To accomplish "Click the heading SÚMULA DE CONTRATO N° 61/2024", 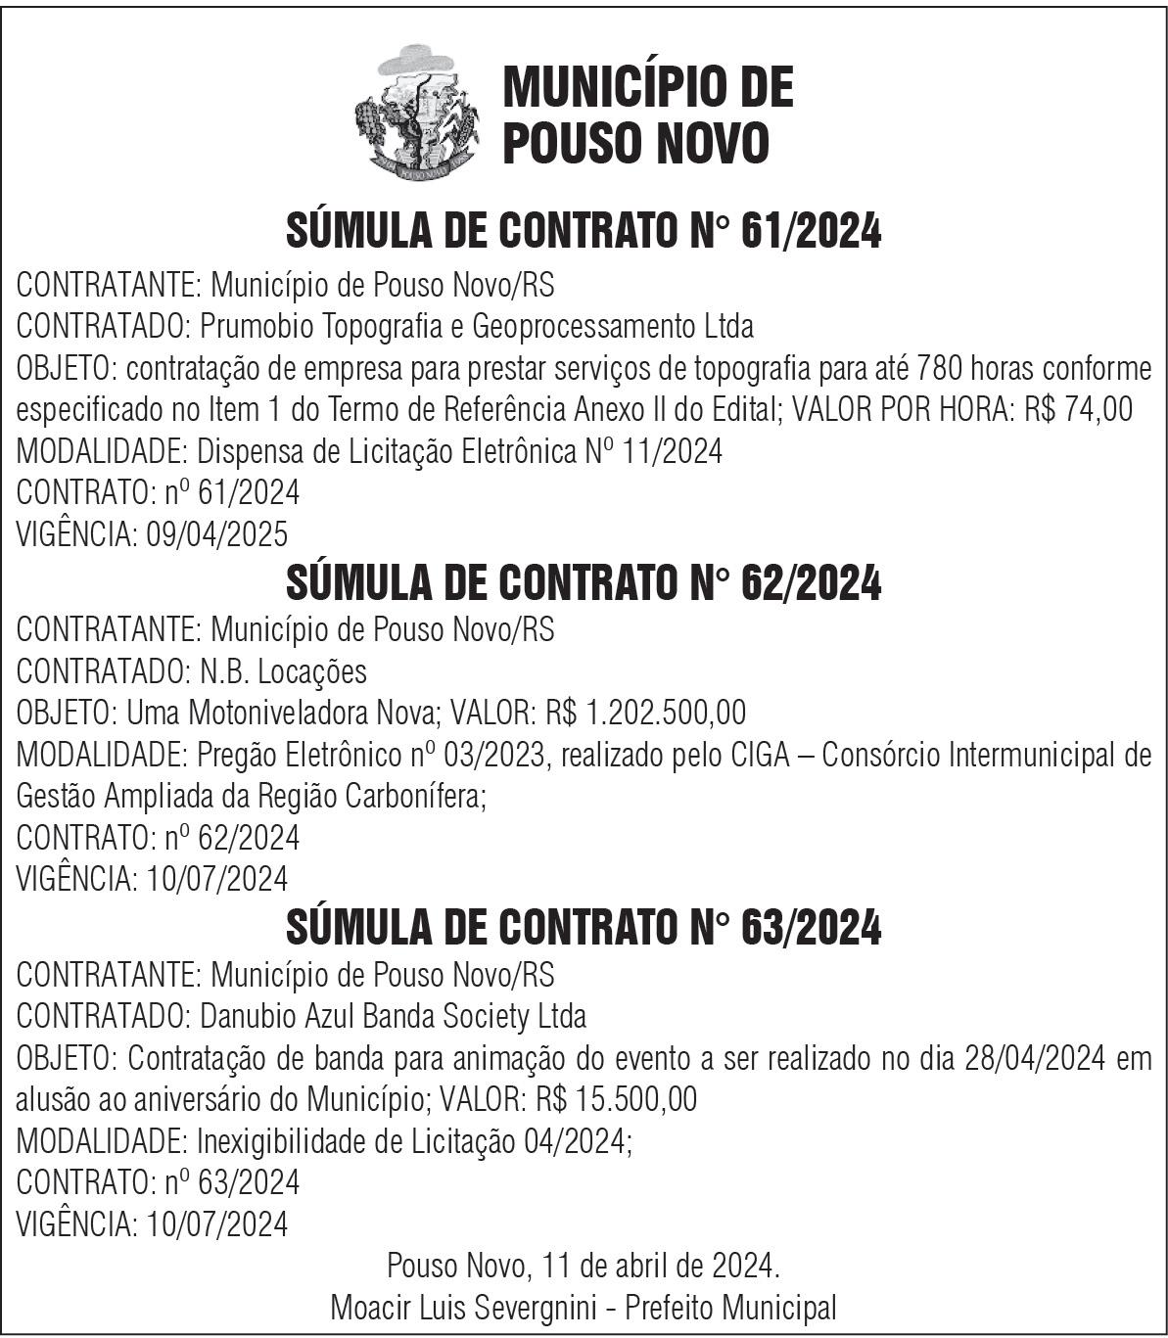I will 584,232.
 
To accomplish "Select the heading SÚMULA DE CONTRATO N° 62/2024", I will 584,583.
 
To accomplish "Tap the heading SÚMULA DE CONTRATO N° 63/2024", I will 584,928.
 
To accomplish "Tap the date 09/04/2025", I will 216,533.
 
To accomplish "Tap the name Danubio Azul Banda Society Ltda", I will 393,1017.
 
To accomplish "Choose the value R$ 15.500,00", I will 616,1100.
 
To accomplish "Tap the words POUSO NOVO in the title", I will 635,143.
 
